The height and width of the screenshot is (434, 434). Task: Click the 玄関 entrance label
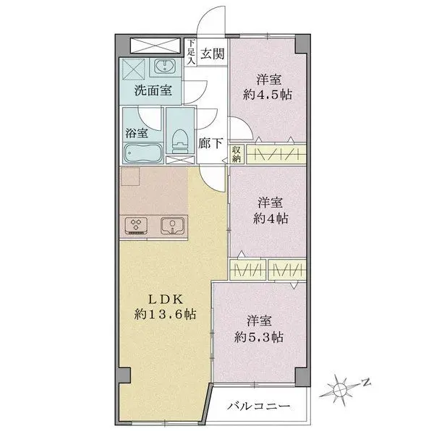click(213, 52)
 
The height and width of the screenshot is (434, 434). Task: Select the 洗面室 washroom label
click(153, 92)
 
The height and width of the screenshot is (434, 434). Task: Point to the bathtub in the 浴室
click(140, 154)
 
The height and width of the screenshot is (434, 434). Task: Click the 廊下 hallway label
click(210, 143)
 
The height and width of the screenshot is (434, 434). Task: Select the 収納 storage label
click(237, 154)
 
